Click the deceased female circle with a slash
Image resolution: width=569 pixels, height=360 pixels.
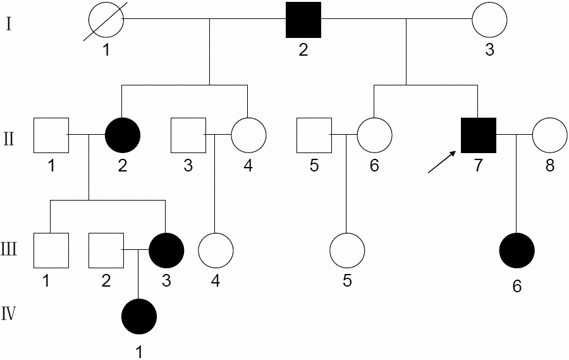tap(106, 20)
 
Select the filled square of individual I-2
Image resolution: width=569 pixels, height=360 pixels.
tap(303, 20)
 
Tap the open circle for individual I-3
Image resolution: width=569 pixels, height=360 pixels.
tap(489, 20)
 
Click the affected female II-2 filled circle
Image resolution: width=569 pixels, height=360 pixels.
tap(122, 135)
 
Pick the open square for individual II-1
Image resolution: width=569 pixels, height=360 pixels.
tap(51, 135)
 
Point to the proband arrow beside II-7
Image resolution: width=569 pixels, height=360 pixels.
tap(441, 162)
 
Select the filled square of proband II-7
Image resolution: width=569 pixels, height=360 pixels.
tap(478, 135)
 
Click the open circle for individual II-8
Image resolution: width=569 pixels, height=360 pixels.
tap(550, 135)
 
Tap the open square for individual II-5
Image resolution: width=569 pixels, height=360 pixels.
tap(314, 135)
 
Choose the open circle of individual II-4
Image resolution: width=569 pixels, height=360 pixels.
tap(248, 135)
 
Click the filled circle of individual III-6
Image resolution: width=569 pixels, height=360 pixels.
tap(517, 250)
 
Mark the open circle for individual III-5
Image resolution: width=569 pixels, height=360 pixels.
tap(347, 250)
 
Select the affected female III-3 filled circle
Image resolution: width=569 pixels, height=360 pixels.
tap(166, 250)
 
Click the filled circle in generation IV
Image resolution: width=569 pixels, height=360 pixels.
tap(138, 314)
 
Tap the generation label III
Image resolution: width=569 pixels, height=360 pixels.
tap(9, 249)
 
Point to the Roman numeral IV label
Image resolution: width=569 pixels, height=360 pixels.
tap(9, 314)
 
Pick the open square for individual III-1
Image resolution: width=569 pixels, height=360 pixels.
tap(51, 250)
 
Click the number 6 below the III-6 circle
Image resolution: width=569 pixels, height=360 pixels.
tap(517, 287)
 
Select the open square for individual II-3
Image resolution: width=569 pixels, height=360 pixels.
tap(188, 135)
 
